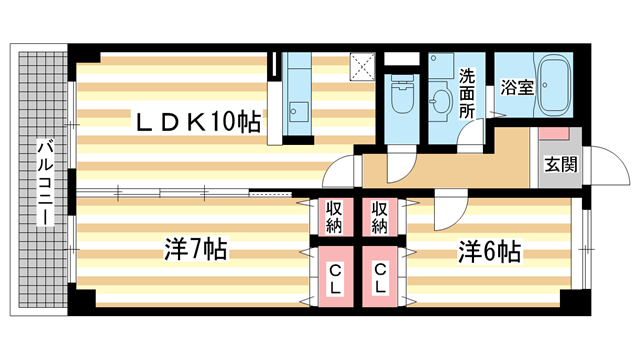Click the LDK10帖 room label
click(x=200, y=122)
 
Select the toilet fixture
click(x=400, y=101)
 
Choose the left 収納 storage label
click(x=333, y=215)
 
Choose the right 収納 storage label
click(x=380, y=215)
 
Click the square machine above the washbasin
click(x=441, y=66)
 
